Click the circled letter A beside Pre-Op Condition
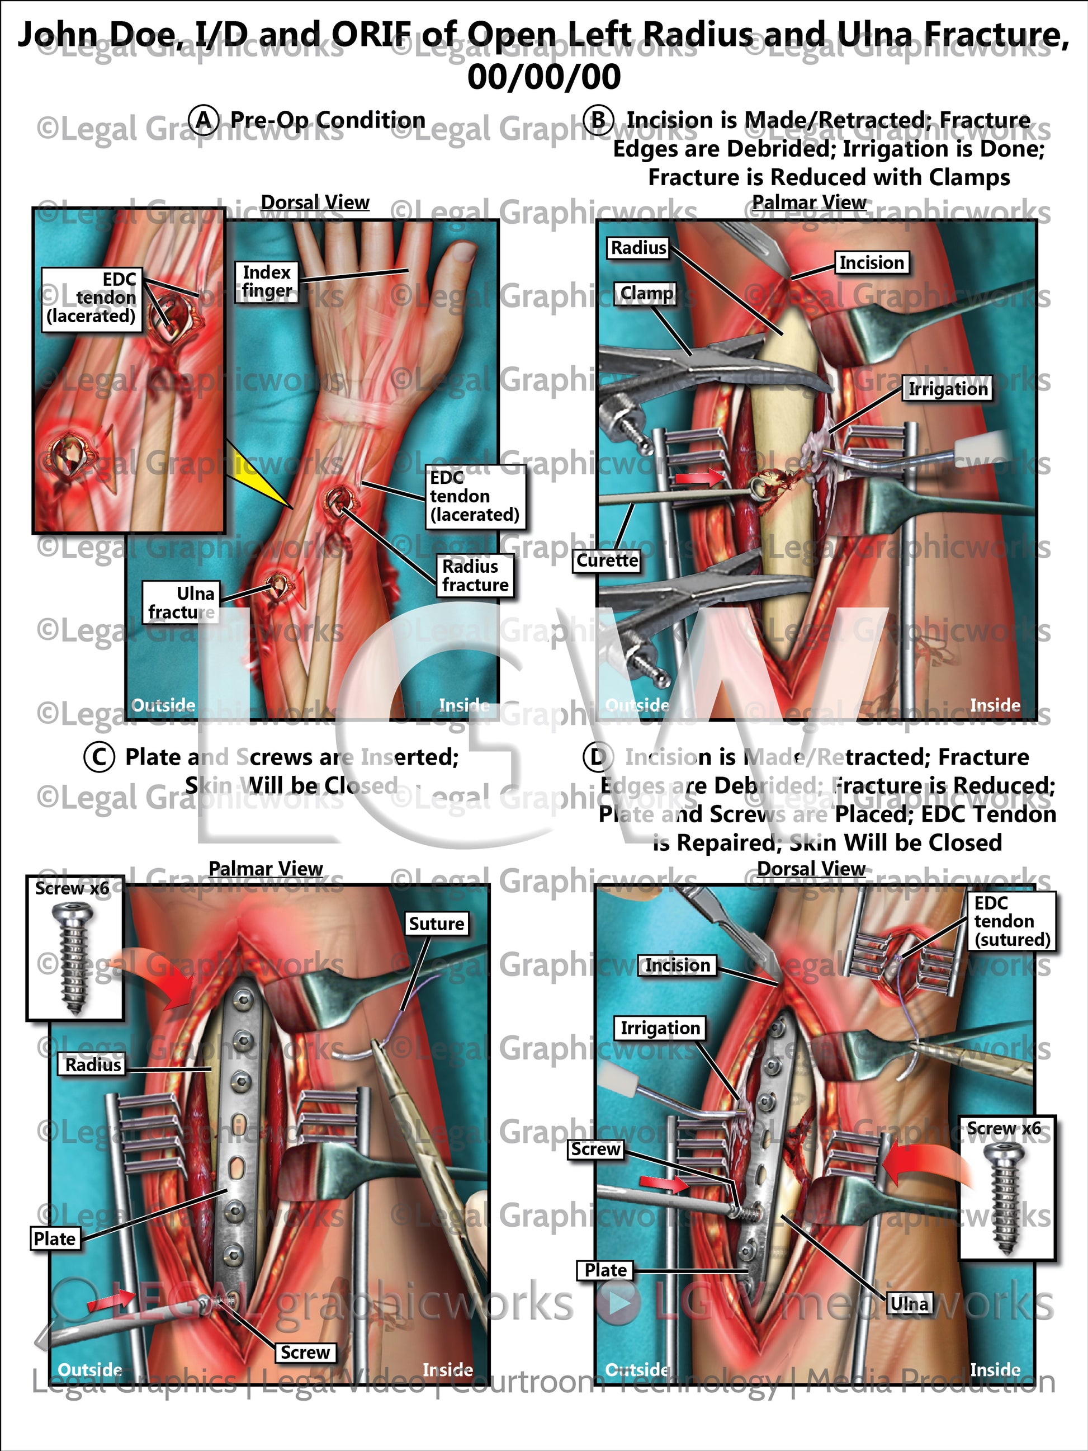[x=205, y=120]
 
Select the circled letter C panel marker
[x=99, y=756]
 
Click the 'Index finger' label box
[x=266, y=281]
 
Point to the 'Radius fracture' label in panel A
[x=475, y=575]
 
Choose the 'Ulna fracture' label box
[x=181, y=602]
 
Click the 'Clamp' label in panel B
[x=647, y=293]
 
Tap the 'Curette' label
[x=607, y=560]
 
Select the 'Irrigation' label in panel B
[x=947, y=389]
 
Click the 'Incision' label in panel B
[x=871, y=262]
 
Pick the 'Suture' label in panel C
[x=436, y=924]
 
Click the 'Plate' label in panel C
[x=55, y=1238]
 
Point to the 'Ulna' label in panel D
[x=909, y=1303]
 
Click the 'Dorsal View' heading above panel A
[x=315, y=202]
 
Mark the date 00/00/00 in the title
[x=543, y=76]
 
